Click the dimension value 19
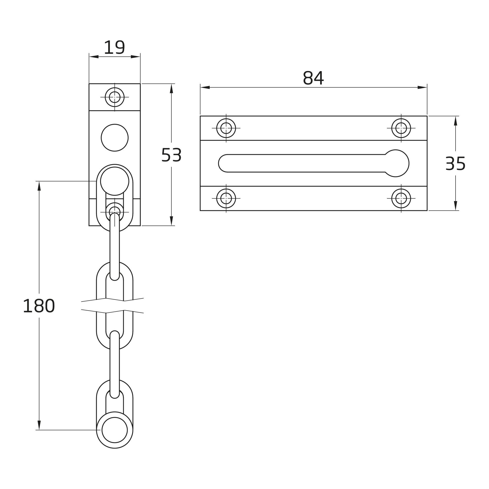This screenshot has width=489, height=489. [114, 47]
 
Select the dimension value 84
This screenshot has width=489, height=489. [313, 78]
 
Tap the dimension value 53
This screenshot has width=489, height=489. [171, 155]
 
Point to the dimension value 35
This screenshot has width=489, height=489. [455, 163]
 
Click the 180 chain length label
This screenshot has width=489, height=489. [39, 306]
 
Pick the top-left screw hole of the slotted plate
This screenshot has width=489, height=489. [226, 128]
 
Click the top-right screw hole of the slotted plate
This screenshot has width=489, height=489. [401, 128]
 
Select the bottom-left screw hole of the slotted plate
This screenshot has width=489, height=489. [226, 199]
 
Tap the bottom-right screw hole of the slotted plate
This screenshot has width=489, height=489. [401, 199]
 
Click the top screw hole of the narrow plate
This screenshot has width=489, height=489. [115, 97]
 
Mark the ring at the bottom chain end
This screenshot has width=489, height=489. [115, 430]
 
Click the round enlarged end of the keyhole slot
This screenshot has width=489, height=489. [396, 163]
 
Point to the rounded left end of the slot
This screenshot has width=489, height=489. [223, 163]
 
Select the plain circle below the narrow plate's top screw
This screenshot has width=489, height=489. [115, 138]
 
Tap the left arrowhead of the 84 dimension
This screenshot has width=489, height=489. [205, 87]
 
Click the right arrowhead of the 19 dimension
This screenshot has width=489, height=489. [136, 57]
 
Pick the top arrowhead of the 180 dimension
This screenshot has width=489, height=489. [39, 186]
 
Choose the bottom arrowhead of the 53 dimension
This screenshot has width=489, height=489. [171, 221]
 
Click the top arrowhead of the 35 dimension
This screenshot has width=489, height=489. [456, 121]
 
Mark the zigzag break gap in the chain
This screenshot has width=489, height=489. [113, 306]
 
